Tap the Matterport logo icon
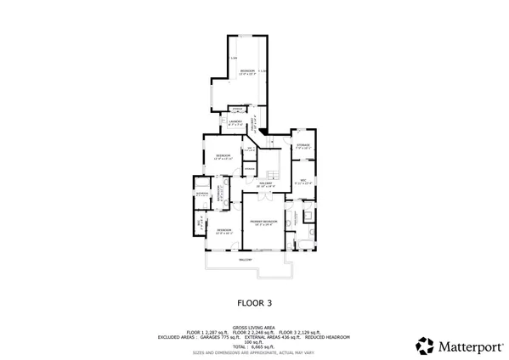424,346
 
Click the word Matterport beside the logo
467,346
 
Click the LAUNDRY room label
235,121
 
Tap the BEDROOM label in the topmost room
247,70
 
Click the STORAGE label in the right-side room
303,145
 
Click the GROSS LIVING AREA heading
254,325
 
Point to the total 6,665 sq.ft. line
254,346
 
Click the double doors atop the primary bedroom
263,196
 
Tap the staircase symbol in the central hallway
270,164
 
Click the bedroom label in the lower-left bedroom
223,230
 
